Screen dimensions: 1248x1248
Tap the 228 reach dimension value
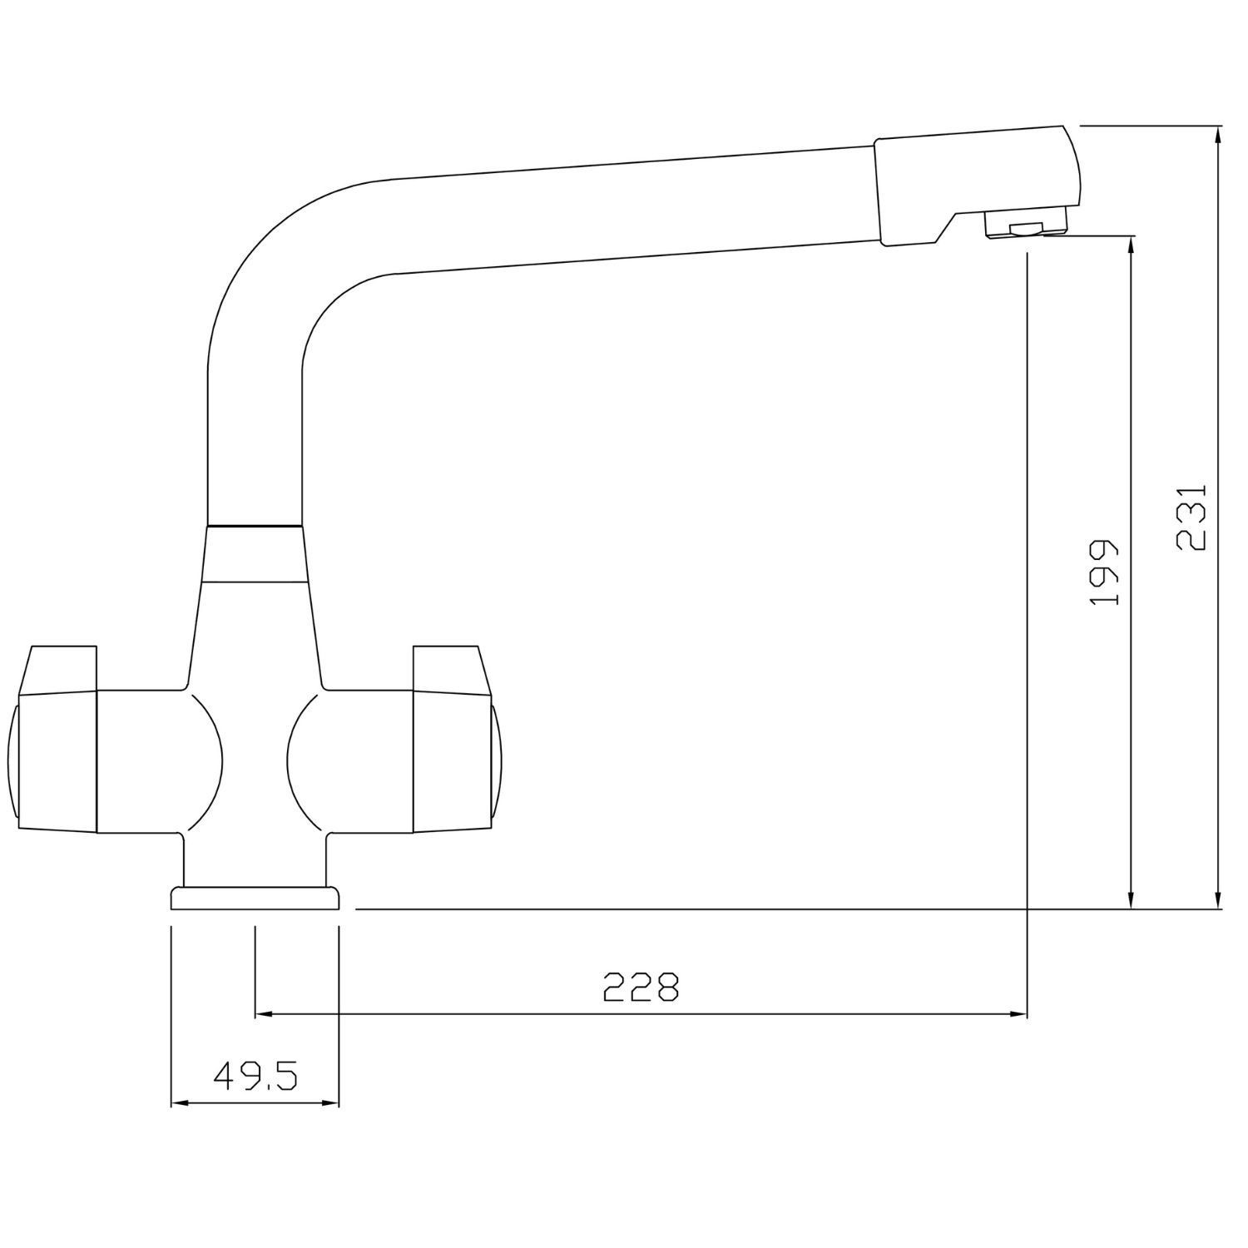coord(641,987)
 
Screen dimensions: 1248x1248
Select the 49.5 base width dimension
coord(255,1077)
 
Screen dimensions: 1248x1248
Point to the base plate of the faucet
coord(255,899)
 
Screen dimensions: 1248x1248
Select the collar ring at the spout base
coord(254,553)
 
